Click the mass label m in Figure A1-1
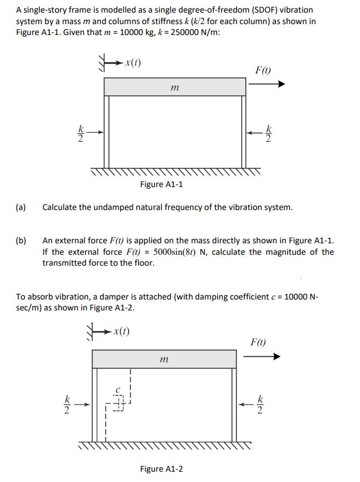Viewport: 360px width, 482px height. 175,88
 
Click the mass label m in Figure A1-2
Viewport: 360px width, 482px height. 165,360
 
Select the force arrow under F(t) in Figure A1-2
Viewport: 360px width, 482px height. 261,356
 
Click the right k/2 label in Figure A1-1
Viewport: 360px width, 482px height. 268,133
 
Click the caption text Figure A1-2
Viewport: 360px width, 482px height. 161,469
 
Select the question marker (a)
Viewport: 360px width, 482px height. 21,207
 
